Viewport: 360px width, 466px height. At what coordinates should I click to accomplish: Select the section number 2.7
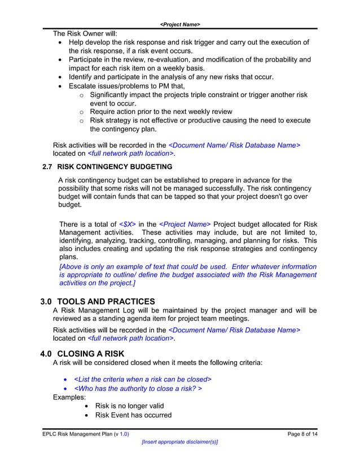pyautogui.click(x=48, y=167)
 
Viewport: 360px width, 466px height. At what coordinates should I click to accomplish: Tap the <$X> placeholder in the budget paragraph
pyautogui.click(x=127, y=225)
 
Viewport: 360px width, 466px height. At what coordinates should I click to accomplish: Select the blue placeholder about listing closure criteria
pyautogui.click(x=143, y=379)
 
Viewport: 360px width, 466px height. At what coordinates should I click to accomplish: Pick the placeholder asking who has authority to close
pyautogui.click(x=138, y=389)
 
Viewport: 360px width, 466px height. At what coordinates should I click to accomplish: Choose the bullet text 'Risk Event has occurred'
pyautogui.click(x=133, y=416)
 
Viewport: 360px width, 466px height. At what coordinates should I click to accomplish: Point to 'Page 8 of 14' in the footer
pyautogui.click(x=302, y=434)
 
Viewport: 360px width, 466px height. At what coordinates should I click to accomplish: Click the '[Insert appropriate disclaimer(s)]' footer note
pyautogui.click(x=179, y=442)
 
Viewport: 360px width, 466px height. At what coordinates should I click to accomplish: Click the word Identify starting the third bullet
pyautogui.click(x=82, y=77)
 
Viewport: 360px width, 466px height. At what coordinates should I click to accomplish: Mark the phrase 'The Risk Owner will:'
pyautogui.click(x=85, y=34)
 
